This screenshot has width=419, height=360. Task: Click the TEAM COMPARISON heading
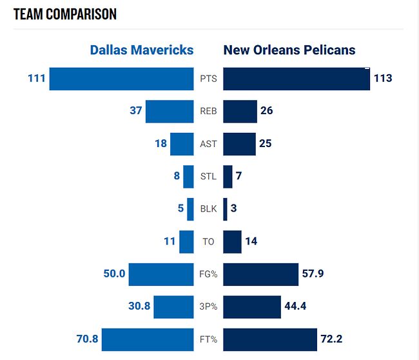tap(64, 14)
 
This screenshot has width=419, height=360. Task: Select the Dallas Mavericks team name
tap(142, 50)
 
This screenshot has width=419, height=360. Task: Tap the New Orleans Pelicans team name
tap(289, 50)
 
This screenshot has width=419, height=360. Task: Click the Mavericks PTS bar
tap(121, 79)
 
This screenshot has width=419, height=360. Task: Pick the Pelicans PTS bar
tap(297, 79)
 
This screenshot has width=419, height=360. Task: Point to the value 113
tap(382, 79)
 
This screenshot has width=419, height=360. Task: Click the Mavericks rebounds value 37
tap(135, 111)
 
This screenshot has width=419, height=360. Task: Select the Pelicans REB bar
tap(240, 111)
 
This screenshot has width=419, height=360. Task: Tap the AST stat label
tap(208, 144)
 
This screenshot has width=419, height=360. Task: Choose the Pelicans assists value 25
tap(266, 143)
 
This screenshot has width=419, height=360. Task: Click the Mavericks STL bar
tap(188, 176)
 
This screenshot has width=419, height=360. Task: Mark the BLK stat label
tap(208, 208)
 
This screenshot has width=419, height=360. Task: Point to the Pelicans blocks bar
tap(225, 208)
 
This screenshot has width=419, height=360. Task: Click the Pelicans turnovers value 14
tap(251, 241)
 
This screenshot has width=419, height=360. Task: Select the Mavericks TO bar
tap(186, 241)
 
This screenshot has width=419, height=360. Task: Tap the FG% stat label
tap(208, 274)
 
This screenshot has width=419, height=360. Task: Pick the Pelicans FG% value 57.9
tap(313, 274)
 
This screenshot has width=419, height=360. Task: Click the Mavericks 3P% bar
tap(173, 306)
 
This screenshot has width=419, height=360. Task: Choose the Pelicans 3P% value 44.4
tap(295, 306)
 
